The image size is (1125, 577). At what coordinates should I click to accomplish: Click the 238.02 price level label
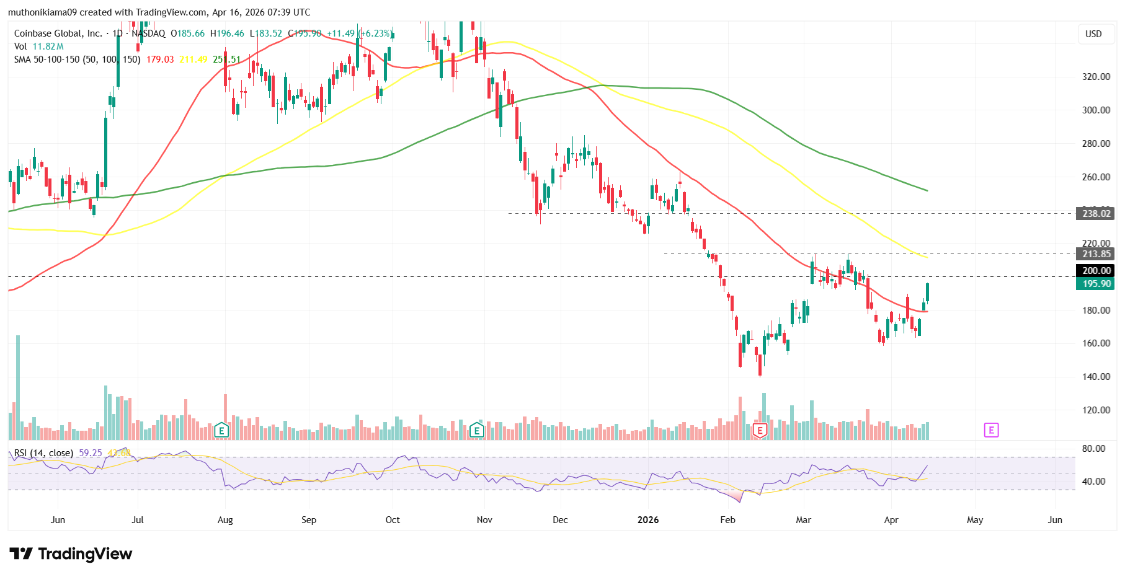click(x=1096, y=213)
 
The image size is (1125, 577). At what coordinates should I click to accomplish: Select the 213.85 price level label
click(x=1096, y=253)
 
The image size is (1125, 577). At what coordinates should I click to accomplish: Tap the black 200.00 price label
click(x=1096, y=270)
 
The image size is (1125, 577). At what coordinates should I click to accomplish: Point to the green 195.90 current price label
click(x=1096, y=283)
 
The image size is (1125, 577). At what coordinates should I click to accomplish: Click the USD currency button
click(x=1093, y=33)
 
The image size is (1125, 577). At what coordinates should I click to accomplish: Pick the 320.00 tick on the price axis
click(x=1096, y=77)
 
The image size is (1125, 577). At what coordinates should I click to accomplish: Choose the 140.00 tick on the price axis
click(x=1096, y=376)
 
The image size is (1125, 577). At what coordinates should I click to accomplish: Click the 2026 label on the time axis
click(x=648, y=519)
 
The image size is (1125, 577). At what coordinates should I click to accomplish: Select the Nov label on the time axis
click(x=484, y=519)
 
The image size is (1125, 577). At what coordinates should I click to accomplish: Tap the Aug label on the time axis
click(x=225, y=519)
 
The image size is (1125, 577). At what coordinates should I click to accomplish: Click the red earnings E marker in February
click(x=760, y=430)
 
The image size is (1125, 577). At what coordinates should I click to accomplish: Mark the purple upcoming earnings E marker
click(x=991, y=430)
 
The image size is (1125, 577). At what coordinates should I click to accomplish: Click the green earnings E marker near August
click(x=221, y=430)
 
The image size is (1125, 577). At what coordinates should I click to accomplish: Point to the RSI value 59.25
click(x=90, y=453)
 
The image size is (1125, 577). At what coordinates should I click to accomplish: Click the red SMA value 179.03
click(x=160, y=59)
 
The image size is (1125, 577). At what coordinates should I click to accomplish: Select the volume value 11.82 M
click(x=48, y=46)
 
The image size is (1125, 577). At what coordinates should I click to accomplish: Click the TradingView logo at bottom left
click(x=71, y=553)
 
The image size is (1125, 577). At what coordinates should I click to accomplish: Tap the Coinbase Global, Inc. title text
click(x=58, y=33)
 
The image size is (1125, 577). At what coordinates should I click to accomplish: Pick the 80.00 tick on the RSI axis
click(x=1093, y=448)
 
